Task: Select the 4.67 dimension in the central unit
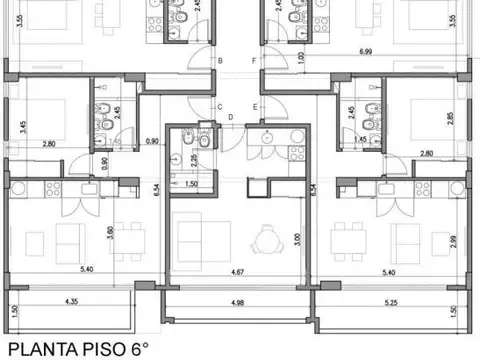pos(237,270)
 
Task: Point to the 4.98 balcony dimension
pos(237,303)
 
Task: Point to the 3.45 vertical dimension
pos(23,127)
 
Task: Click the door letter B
pos(220,62)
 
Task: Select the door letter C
pos(220,106)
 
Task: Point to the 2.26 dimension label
pos(193,160)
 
